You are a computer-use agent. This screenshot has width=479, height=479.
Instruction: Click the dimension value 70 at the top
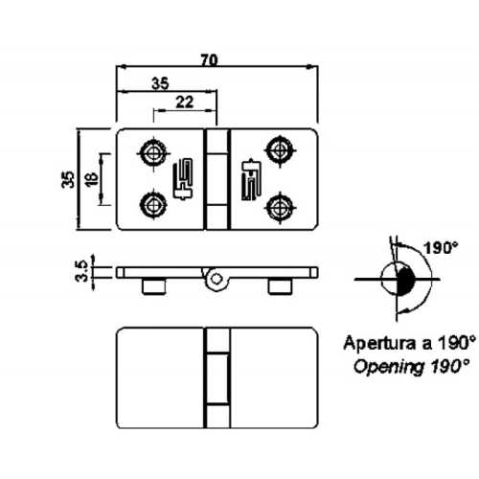click(209, 59)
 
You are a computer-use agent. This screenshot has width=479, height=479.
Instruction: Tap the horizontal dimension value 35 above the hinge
click(161, 83)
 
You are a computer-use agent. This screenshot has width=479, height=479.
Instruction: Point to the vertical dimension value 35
click(68, 179)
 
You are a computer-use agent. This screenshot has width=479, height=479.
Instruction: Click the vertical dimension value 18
click(89, 179)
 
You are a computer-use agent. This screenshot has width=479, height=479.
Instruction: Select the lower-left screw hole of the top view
click(151, 203)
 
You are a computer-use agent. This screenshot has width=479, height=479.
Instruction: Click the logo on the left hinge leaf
click(182, 179)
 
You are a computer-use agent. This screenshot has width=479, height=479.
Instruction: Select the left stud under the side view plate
click(153, 285)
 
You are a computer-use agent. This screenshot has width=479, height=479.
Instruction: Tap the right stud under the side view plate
click(279, 285)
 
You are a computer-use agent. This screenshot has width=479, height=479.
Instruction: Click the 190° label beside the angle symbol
click(442, 247)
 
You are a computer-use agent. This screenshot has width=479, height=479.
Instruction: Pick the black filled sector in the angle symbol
click(404, 282)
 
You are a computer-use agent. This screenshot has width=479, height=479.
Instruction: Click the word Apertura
click(381, 342)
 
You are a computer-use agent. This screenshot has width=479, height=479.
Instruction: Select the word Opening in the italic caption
click(384, 365)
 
